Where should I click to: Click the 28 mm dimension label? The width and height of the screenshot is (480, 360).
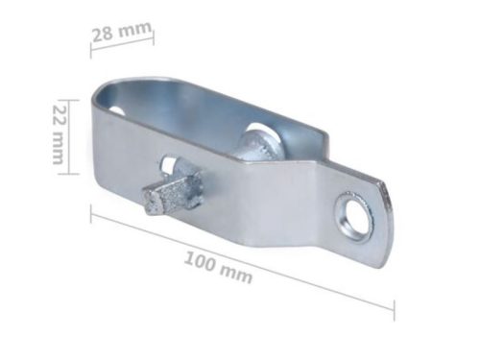(122, 32)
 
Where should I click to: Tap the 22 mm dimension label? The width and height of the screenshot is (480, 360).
(59, 134)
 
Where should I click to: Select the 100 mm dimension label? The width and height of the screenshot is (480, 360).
(219, 268)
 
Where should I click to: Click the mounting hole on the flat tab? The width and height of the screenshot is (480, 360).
(355, 214)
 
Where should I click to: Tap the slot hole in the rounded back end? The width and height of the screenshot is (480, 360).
(117, 110)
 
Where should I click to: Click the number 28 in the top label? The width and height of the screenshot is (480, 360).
(103, 35)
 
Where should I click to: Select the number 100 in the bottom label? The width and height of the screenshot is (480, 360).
(200, 261)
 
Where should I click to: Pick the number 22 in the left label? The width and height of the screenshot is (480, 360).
(59, 114)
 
